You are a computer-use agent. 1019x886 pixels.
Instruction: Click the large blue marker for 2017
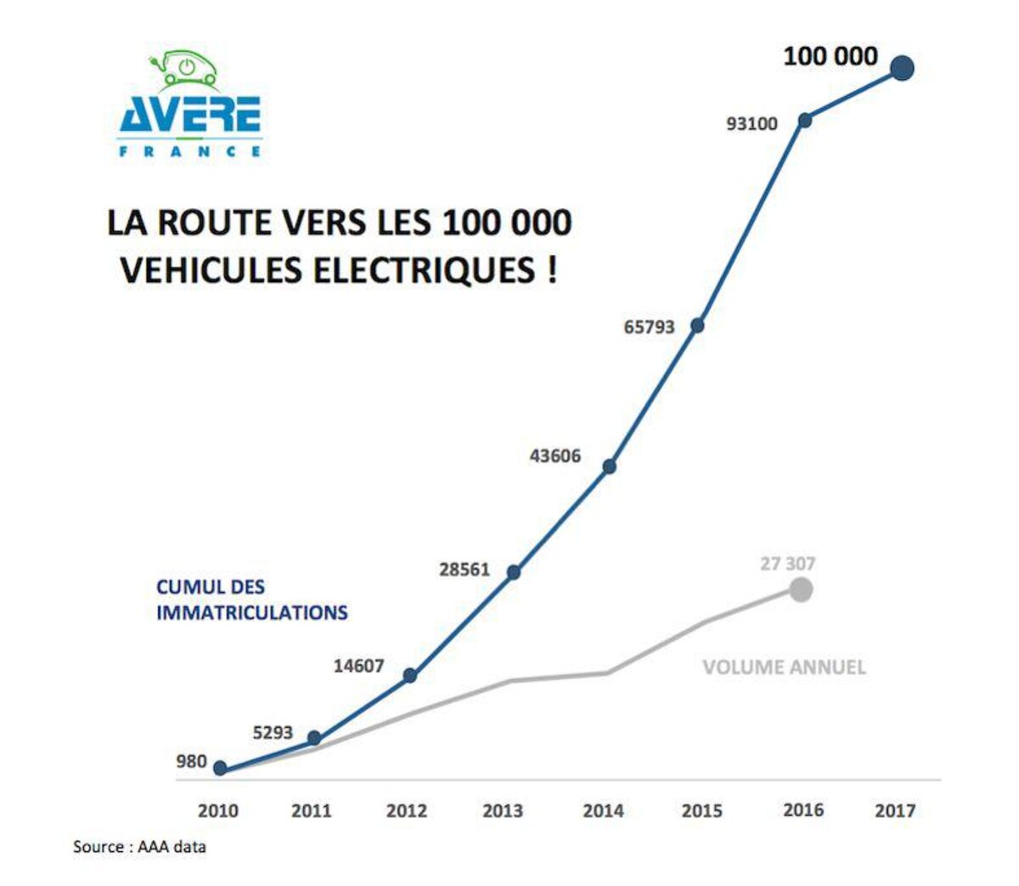pos(902,68)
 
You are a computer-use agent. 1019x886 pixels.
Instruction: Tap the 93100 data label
pos(752,124)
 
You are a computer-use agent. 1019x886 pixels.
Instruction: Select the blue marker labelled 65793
pos(697,325)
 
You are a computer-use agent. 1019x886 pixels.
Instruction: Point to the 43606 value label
pos(555,456)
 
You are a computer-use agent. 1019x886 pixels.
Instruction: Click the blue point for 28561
pos(513,573)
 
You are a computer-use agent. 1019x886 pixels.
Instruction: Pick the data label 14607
pos(358,666)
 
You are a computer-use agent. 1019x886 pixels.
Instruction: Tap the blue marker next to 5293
pos(314,738)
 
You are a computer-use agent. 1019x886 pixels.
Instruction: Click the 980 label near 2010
pos(191,761)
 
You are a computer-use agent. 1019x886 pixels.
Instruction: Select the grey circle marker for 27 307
pos(800,589)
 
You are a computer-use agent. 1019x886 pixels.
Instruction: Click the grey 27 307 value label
pos(787,563)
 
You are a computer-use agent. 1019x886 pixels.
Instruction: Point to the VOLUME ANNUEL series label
pos(784,668)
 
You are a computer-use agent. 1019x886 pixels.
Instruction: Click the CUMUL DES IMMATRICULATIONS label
pos(251,600)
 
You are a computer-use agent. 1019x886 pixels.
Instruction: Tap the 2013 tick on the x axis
pos(503,811)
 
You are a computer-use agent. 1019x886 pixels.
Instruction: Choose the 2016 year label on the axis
pos(802,810)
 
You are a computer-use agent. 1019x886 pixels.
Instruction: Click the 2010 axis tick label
pos(218,811)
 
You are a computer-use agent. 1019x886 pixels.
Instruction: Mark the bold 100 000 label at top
pos(830,57)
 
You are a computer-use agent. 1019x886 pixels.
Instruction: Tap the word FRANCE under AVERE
pos(190,151)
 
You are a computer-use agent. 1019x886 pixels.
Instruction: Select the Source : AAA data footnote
pos(139,847)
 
